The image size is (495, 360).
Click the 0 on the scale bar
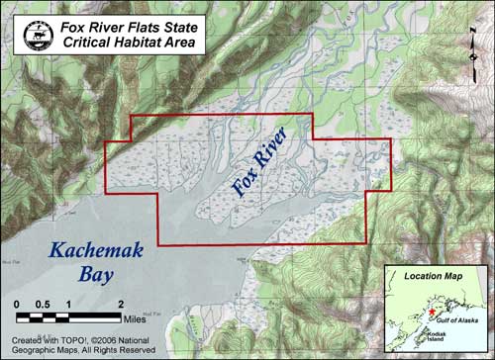(x=18, y=304)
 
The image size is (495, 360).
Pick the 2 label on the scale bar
(x=120, y=304)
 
